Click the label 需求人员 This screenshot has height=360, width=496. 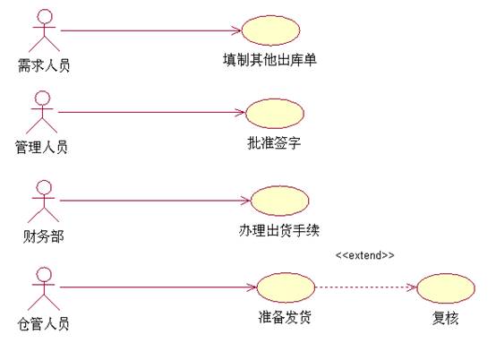click(x=44, y=65)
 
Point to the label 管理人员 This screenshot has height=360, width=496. click(x=41, y=147)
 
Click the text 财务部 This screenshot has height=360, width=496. click(x=43, y=236)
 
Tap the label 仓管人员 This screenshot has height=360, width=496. click(x=43, y=324)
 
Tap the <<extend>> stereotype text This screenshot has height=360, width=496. click(x=365, y=255)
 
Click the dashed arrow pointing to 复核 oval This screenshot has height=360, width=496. click(x=366, y=287)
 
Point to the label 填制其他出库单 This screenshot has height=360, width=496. click(x=269, y=59)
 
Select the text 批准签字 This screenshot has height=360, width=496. click(x=274, y=143)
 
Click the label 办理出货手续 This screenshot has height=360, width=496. click(x=279, y=230)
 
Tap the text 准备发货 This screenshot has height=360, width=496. click(x=285, y=317)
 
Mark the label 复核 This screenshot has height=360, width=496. click(x=445, y=318)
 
